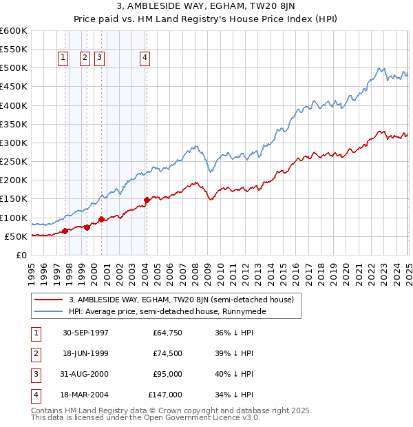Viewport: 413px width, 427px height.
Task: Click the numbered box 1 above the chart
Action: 63,59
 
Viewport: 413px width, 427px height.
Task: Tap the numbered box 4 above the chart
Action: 145,59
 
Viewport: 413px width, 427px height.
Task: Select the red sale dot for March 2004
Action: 147,200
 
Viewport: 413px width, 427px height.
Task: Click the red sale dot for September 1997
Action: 65,231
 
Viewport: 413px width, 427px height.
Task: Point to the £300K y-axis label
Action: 13,143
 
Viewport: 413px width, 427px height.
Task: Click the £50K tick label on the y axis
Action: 15,236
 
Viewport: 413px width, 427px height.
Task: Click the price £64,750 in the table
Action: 167,332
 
